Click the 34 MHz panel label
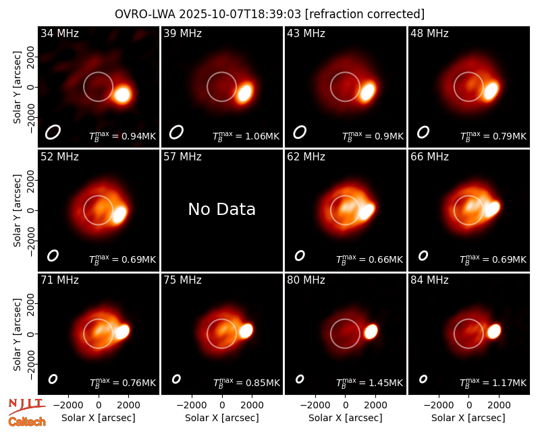point(59,33)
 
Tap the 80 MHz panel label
point(306,280)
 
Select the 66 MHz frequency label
point(429,157)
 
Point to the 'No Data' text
point(222,209)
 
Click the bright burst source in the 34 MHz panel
point(122,94)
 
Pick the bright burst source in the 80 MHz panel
point(371,332)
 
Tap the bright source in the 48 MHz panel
point(491,91)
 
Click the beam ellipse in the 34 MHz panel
point(53,132)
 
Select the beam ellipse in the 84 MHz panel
point(423,379)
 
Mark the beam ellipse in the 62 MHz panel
point(300,255)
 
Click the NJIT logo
point(26,406)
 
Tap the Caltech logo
point(27,422)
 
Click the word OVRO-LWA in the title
point(145,14)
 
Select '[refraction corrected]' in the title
point(364,14)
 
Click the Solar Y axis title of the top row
point(17,88)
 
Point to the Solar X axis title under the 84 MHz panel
point(468,418)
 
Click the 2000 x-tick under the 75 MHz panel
point(252,406)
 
